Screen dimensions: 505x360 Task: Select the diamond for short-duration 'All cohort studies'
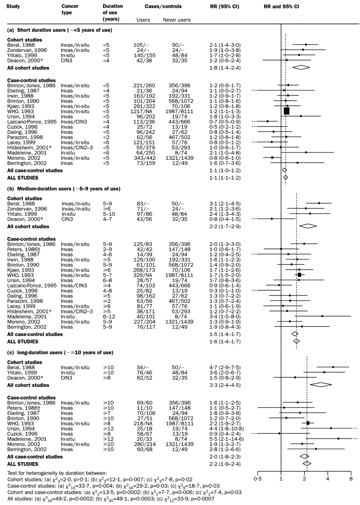click(301, 67)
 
